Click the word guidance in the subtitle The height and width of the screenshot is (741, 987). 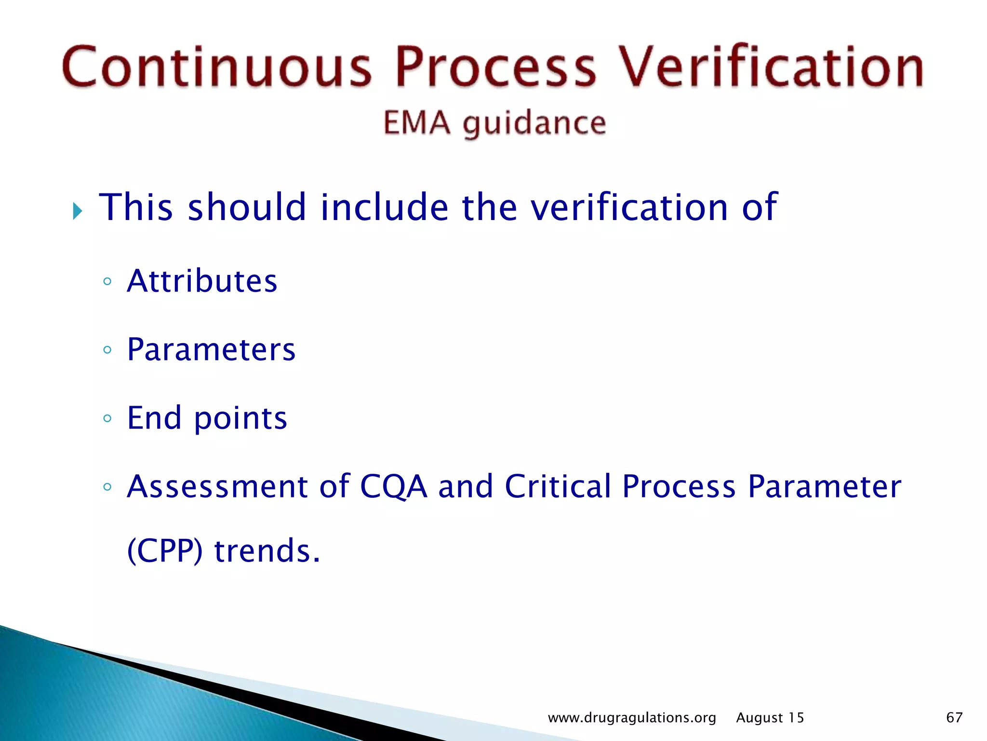[534, 123]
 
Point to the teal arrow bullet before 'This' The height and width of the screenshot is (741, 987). [78, 211]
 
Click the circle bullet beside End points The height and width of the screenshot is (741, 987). [107, 418]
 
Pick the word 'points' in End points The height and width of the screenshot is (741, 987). [240, 419]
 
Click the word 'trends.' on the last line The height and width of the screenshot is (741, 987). [267, 551]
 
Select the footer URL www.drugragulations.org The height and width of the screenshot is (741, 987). [632, 718]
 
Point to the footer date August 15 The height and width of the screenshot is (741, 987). [770, 718]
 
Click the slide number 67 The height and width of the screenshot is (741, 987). [954, 717]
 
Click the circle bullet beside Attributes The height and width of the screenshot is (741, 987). [107, 281]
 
